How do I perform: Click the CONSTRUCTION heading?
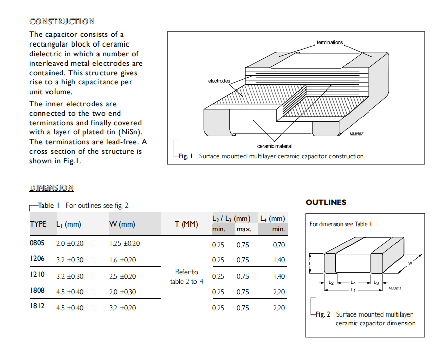click(62, 21)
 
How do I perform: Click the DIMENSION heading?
click(51, 188)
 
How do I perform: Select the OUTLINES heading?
click(326, 202)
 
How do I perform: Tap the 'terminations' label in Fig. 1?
click(329, 42)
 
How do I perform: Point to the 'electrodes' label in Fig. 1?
click(219, 81)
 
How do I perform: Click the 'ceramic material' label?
click(274, 146)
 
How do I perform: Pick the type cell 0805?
click(37, 243)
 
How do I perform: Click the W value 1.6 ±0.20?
click(123, 260)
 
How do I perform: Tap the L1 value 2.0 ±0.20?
click(70, 244)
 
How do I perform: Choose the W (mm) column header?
click(122, 224)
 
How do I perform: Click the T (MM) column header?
click(186, 224)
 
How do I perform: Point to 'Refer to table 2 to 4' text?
click(186, 277)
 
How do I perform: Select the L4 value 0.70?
click(278, 245)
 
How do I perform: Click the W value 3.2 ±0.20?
click(123, 308)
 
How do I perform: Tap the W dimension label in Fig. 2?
click(410, 263)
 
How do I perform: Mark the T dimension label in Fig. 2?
click(310, 263)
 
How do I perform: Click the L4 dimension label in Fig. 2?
click(353, 283)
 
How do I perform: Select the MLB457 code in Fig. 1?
click(357, 134)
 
